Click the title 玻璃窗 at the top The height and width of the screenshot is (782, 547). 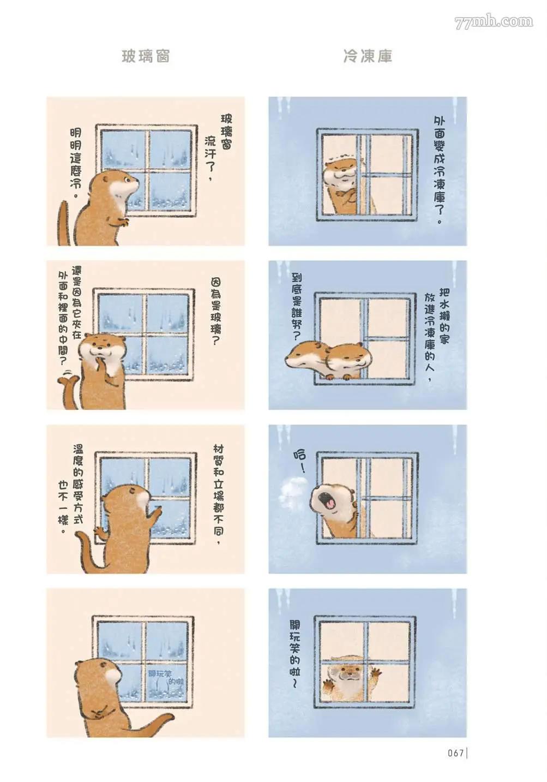pyautogui.click(x=146, y=56)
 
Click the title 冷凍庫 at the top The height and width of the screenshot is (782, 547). pyautogui.click(x=368, y=56)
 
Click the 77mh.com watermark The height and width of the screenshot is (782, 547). pyautogui.click(x=494, y=22)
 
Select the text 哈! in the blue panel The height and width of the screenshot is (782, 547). pyautogui.click(x=299, y=461)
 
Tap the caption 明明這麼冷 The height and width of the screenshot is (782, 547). pyautogui.click(x=76, y=163)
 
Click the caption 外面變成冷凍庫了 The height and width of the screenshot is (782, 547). pyautogui.click(x=440, y=170)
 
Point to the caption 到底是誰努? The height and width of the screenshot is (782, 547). pyautogui.click(x=297, y=308)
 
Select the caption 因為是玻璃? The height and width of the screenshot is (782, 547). pyautogui.click(x=216, y=311)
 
